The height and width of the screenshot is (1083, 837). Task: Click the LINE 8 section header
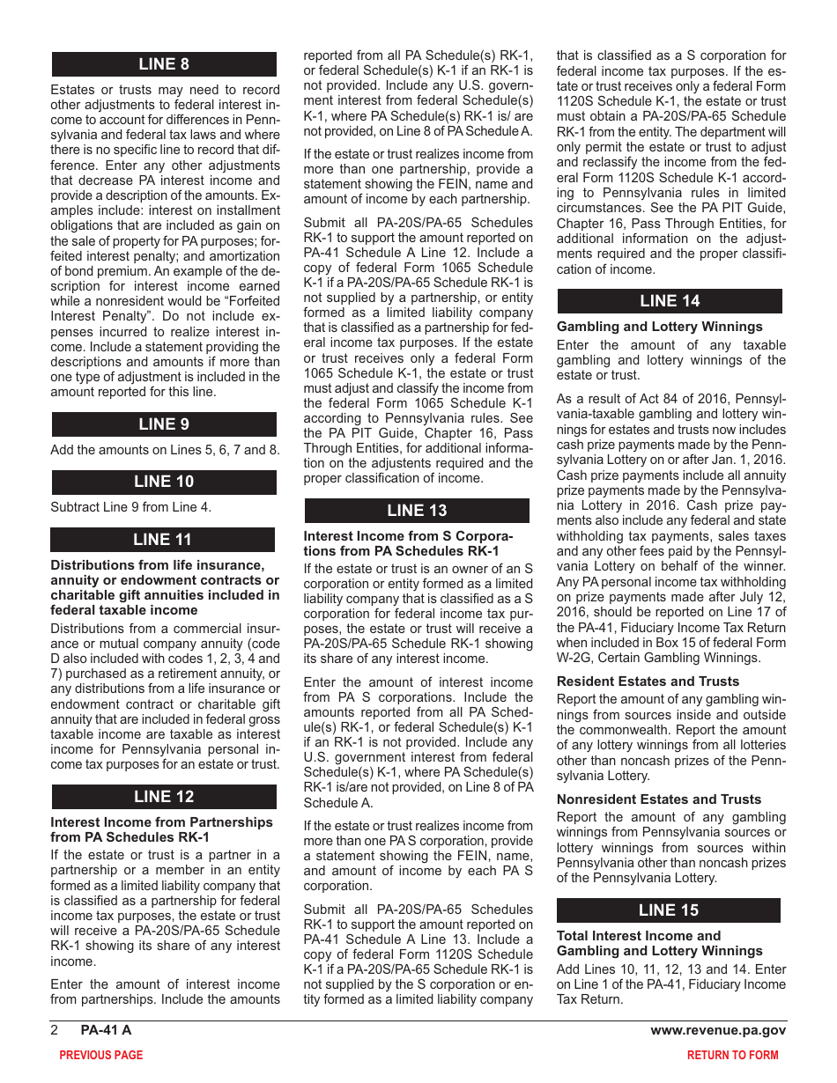tap(164, 64)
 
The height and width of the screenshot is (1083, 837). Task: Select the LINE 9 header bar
tap(164, 424)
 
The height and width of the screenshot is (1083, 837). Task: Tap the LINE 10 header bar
tap(164, 482)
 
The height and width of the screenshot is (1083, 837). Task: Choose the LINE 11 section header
tap(163, 540)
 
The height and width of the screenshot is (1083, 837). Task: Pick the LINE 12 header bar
tap(164, 797)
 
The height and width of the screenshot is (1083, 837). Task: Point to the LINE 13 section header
tap(417, 511)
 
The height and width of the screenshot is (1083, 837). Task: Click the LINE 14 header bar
tap(670, 301)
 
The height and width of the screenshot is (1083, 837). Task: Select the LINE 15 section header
tap(669, 910)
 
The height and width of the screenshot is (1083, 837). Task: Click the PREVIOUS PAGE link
tap(100, 1055)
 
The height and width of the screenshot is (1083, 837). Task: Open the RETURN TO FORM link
tap(733, 1055)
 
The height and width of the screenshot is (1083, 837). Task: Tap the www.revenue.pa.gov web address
tap(718, 1030)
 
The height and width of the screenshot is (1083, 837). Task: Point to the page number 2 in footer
tap(55, 1030)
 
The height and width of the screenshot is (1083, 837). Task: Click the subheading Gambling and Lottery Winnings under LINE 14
tap(660, 327)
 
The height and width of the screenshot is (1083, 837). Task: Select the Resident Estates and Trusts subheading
tap(648, 681)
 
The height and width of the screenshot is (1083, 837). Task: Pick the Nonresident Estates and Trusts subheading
tap(659, 799)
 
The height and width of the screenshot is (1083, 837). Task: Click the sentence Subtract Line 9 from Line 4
tap(131, 506)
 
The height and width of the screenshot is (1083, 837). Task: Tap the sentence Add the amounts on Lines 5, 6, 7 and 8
tap(166, 449)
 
